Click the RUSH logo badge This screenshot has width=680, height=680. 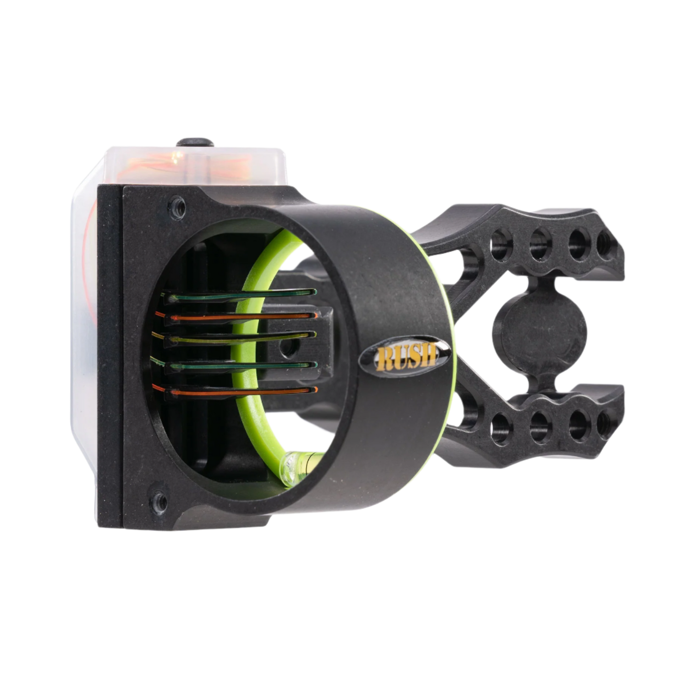tap(404, 356)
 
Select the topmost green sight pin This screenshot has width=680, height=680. tap(240, 295)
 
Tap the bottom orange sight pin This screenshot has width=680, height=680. tap(235, 391)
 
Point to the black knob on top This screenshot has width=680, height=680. tap(195, 143)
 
